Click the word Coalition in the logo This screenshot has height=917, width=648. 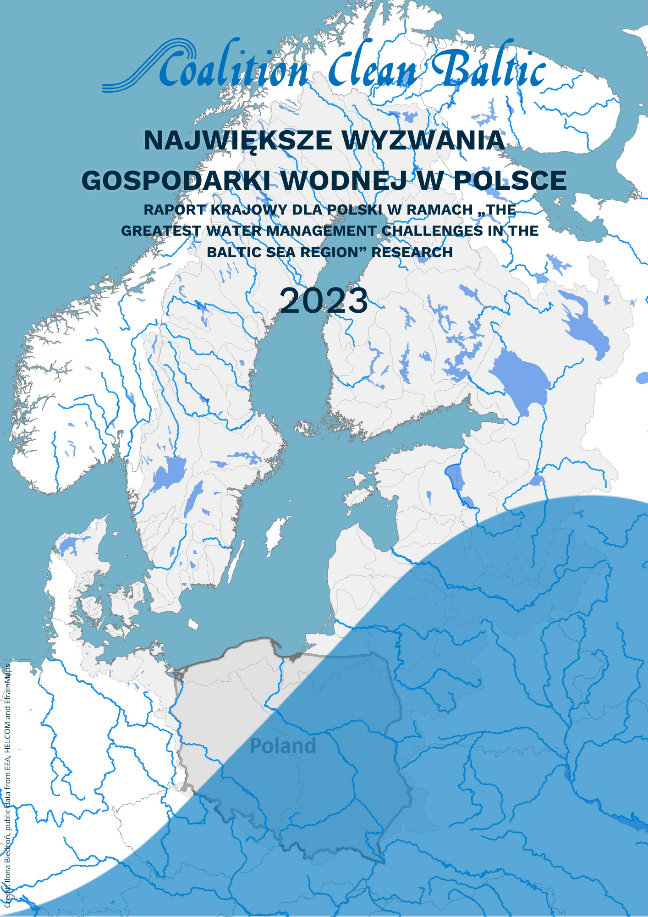click(234, 71)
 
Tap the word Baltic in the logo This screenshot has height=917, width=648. click(488, 69)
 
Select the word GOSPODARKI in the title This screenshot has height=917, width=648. click(176, 180)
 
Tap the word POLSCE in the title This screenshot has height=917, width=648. click(510, 180)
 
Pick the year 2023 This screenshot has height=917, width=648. click(324, 301)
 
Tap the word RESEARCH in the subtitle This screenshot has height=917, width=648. click(412, 252)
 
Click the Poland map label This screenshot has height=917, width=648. click(283, 746)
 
